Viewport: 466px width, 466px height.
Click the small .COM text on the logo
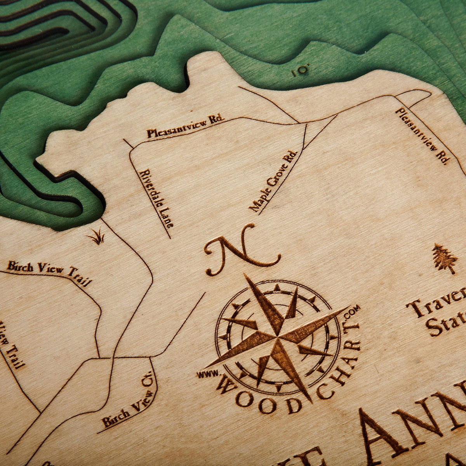point(354,312)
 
